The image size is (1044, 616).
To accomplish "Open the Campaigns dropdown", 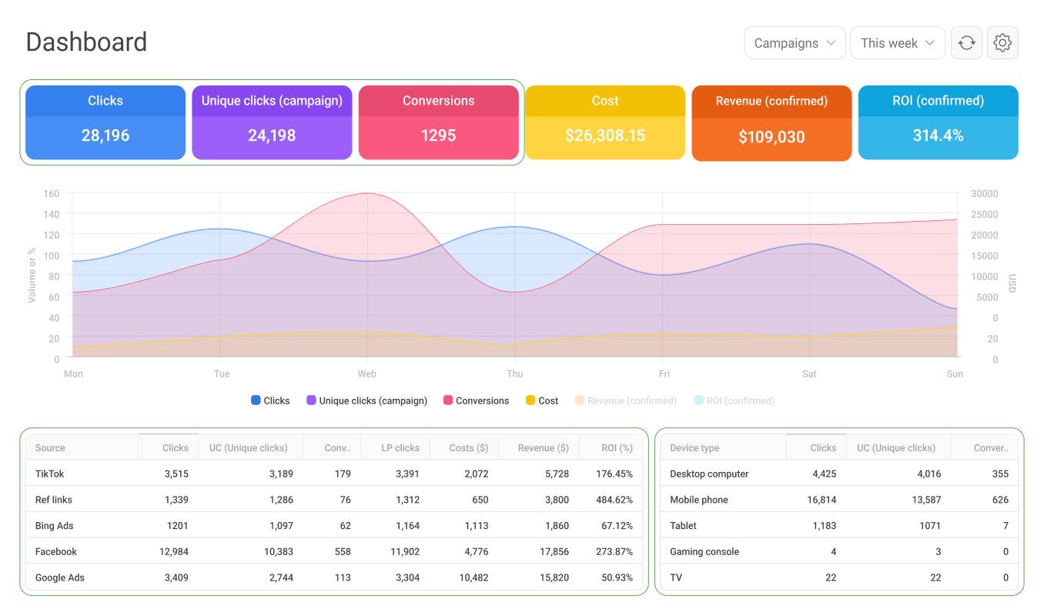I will tap(795, 43).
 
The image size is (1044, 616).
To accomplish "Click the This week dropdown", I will tap(897, 43).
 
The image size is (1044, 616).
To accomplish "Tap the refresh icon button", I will tap(967, 43).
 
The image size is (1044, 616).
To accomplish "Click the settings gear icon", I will tap(1002, 43).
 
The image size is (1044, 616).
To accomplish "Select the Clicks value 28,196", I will tap(105, 136).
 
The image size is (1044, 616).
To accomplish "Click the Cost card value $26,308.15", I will tap(605, 136).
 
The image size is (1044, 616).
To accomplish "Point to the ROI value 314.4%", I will tap(938, 136).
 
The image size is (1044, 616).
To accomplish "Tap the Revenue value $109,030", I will tap(771, 138).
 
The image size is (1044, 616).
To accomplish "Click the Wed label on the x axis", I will tap(367, 374).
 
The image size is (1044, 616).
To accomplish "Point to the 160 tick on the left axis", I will tap(51, 193).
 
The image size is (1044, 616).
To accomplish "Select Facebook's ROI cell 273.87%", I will tap(614, 552).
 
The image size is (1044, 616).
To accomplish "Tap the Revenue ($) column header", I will tap(543, 448).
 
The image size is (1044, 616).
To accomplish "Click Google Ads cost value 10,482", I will tap(472, 577).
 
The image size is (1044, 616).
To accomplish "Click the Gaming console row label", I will tap(704, 552).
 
